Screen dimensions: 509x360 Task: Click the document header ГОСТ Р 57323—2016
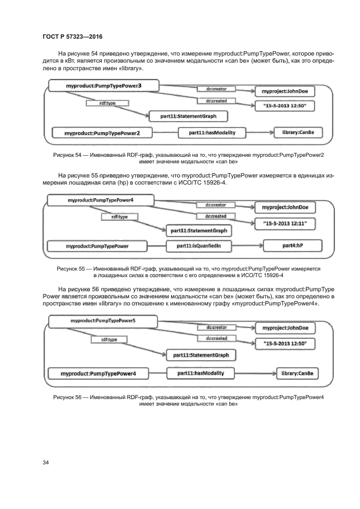click(72, 36)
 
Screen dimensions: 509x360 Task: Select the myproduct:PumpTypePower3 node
click(103, 85)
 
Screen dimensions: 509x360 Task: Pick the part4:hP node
click(292, 246)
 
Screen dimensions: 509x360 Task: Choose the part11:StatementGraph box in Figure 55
click(198, 231)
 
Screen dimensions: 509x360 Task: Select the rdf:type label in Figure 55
click(115, 217)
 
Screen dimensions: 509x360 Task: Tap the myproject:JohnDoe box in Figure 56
click(285, 328)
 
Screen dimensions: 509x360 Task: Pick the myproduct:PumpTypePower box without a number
click(97, 246)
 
